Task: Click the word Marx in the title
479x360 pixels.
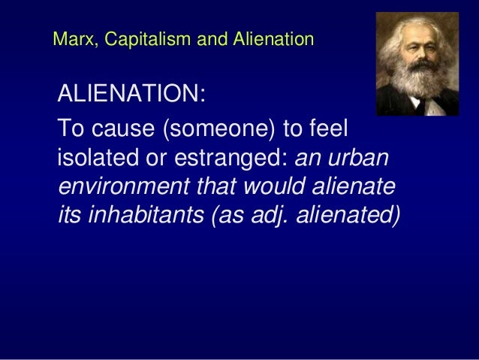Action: [x=70, y=38]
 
